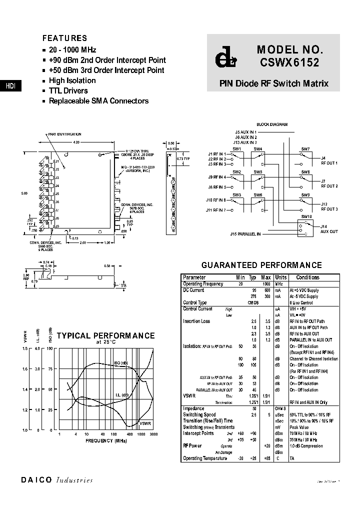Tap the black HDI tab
pyautogui.click(x=10, y=86)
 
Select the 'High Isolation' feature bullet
pyautogui.click(x=72, y=80)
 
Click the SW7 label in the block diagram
pyautogui.click(x=305, y=149)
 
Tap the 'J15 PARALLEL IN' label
pyautogui.click(x=245, y=233)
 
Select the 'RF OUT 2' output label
pyautogui.click(x=329, y=186)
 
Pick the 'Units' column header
pyautogui.click(x=281, y=277)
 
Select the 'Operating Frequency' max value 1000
pyautogui.click(x=266, y=284)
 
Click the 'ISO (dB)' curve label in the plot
pyautogui.click(x=121, y=363)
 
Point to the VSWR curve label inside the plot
pyautogui.click(x=145, y=423)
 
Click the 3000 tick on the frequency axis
pyautogui.click(x=154, y=434)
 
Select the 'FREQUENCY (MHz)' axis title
pyautogui.click(x=106, y=441)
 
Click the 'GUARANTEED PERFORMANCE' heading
pyautogui.click(x=261, y=265)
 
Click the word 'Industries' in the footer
pyautogui.click(x=74, y=480)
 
